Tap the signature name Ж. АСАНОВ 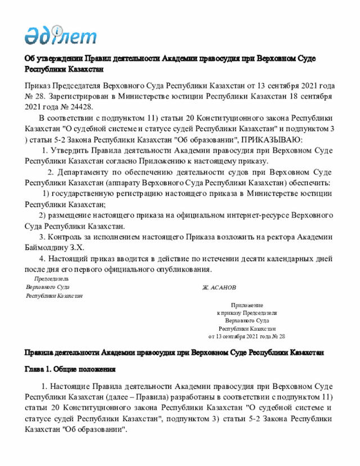[219, 287]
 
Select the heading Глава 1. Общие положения [70, 370]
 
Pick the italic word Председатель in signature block [51, 279]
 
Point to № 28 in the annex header [278, 336]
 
